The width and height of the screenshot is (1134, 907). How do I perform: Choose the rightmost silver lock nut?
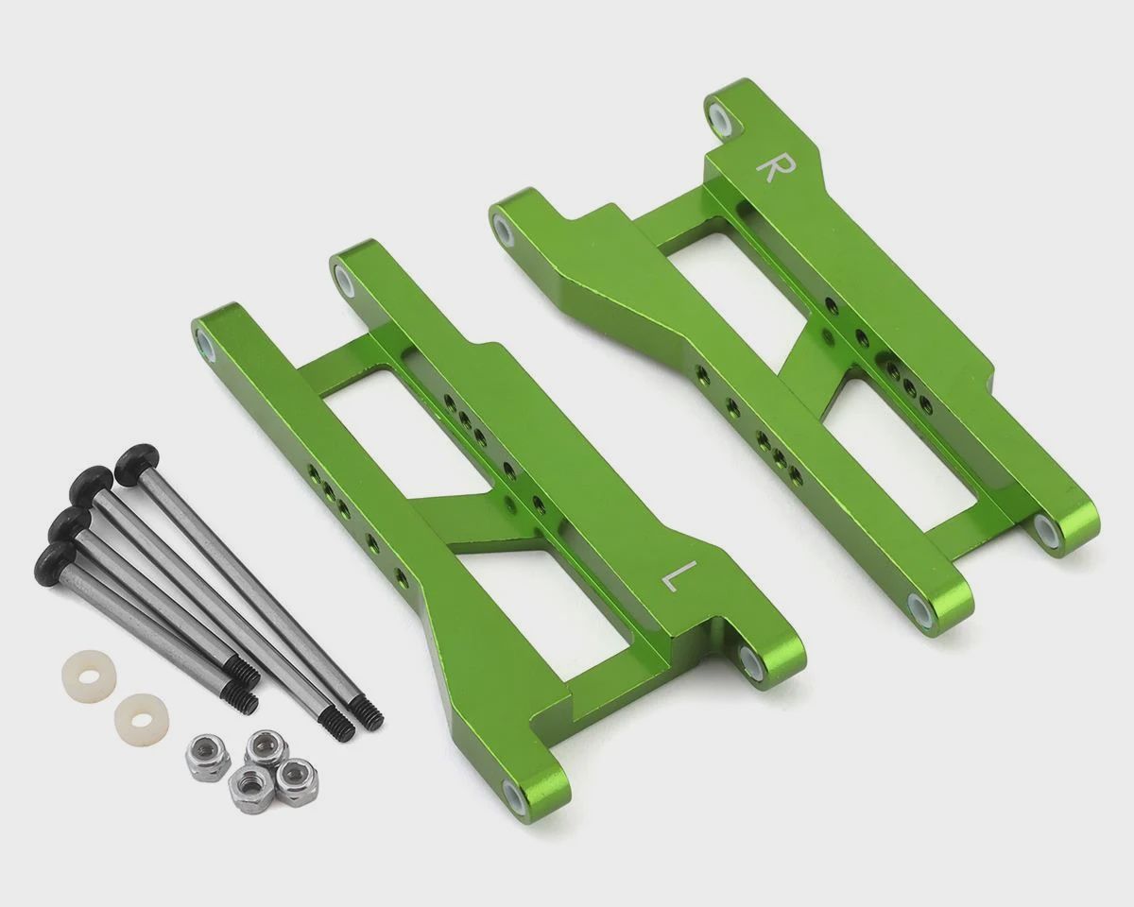[x=294, y=777]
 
